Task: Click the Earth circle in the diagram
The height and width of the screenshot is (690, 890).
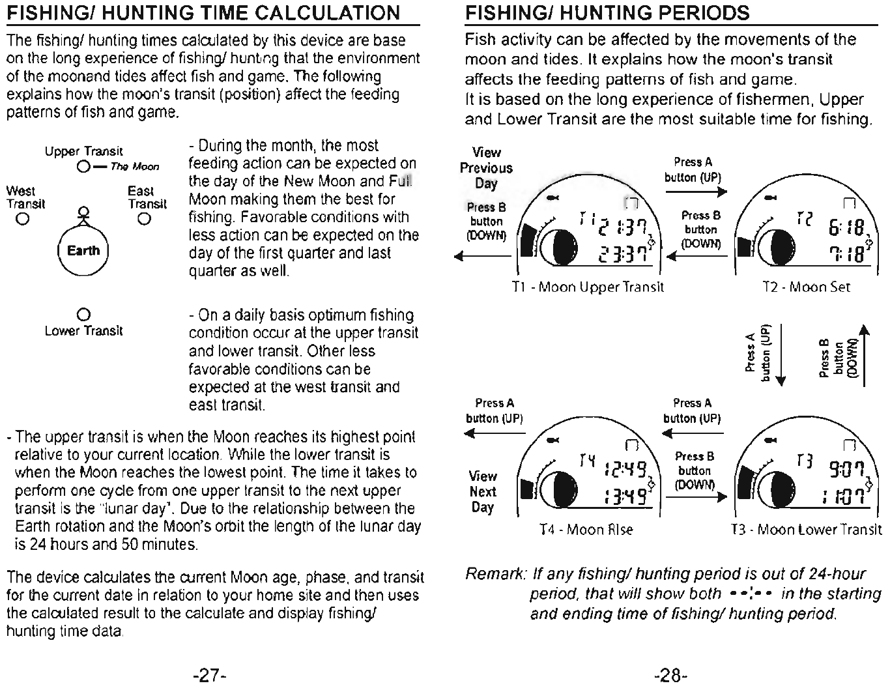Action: click(83, 251)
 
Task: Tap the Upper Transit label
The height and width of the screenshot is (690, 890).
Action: click(84, 152)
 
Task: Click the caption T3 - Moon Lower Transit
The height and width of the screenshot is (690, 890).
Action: click(806, 530)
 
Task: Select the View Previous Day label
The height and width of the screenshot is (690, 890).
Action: click(486, 167)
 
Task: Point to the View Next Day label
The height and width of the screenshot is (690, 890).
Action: click(483, 492)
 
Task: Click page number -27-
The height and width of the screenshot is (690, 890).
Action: click(208, 675)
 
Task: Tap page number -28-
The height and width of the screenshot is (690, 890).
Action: click(670, 675)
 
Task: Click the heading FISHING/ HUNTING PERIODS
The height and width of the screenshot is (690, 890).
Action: click(607, 13)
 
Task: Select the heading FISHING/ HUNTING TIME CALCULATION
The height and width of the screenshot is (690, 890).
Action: click(203, 13)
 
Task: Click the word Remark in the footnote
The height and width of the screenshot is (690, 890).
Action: click(494, 574)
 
